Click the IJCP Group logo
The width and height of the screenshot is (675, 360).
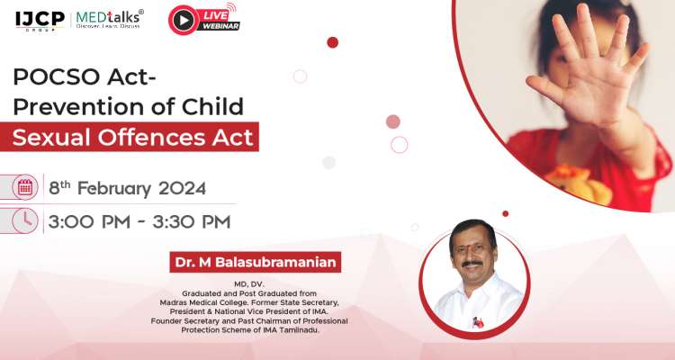(x=37, y=18)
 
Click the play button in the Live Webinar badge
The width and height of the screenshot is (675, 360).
(x=183, y=20)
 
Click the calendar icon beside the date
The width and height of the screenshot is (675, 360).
(x=25, y=187)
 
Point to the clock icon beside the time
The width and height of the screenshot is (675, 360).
(x=25, y=220)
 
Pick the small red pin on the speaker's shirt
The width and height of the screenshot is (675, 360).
(x=478, y=321)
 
